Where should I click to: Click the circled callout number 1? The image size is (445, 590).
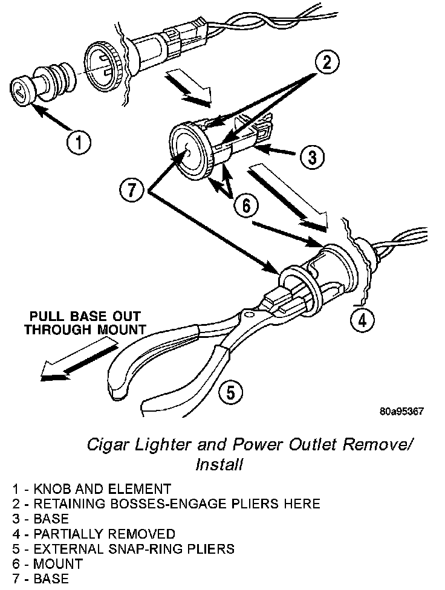click(79, 143)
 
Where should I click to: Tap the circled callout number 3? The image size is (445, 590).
click(312, 158)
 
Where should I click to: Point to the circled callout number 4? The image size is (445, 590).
click(361, 320)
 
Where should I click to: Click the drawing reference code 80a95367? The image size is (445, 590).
click(401, 412)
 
